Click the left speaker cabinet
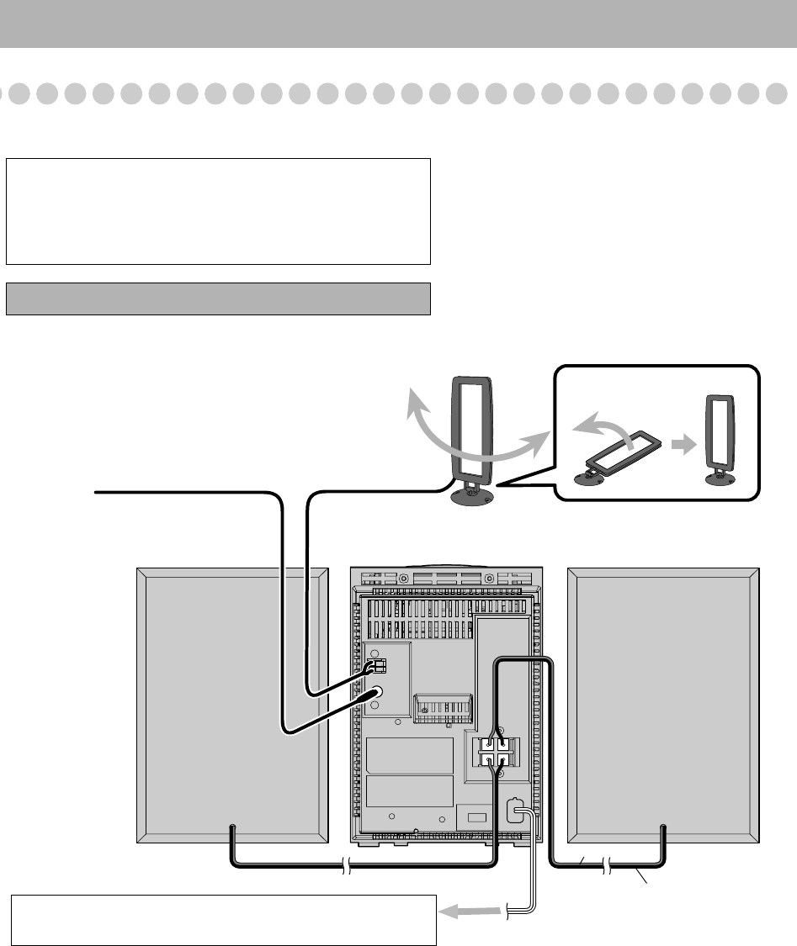point(231,705)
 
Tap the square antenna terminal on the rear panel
point(379,666)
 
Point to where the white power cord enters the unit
point(515,811)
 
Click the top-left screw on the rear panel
point(405,579)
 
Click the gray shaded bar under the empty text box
point(218,299)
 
